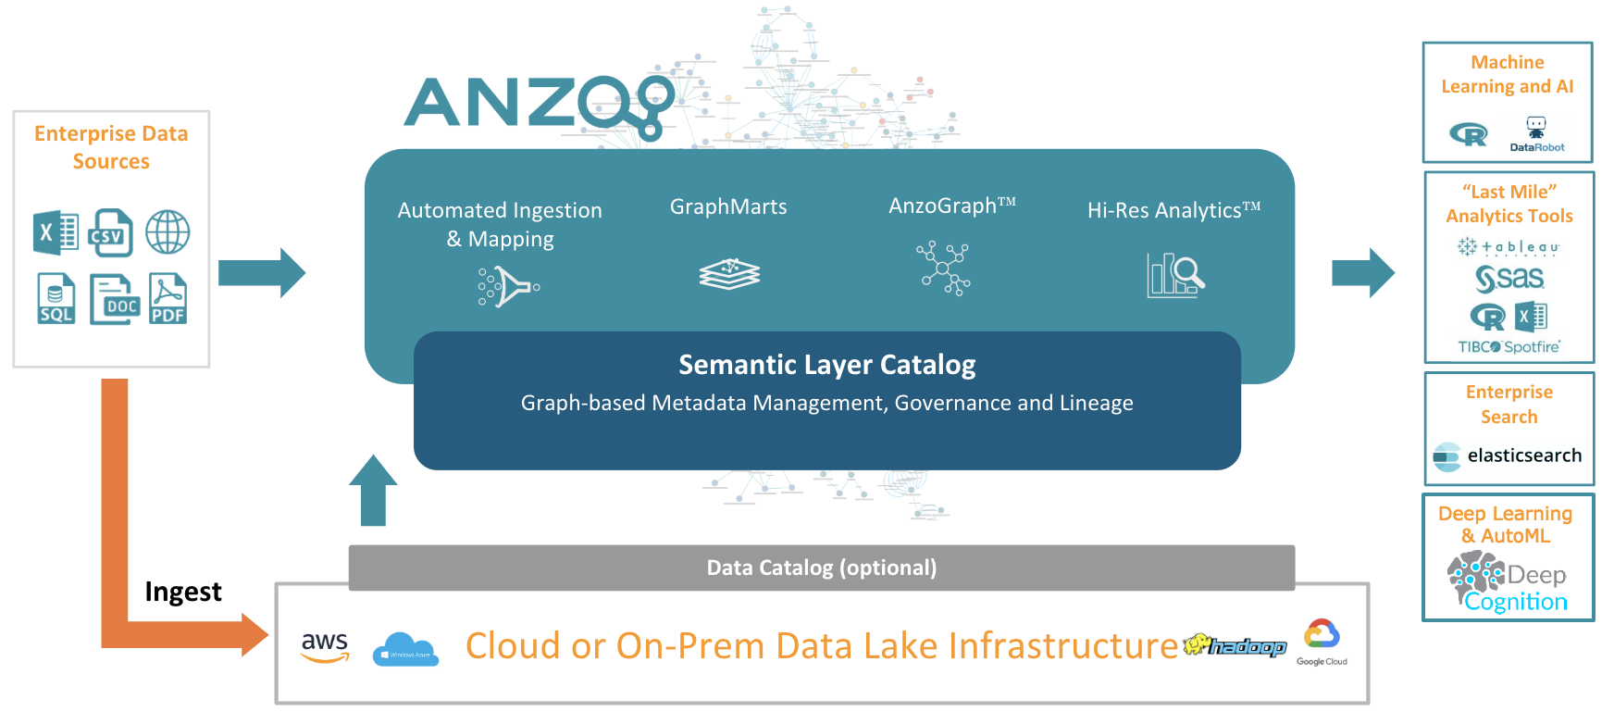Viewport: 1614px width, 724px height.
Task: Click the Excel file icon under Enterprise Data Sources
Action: tap(56, 232)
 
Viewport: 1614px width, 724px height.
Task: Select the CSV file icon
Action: tap(111, 232)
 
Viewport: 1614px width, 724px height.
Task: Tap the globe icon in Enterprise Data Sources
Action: tap(168, 231)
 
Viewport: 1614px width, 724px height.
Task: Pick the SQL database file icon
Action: tap(56, 298)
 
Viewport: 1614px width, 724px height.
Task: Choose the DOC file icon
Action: tap(114, 299)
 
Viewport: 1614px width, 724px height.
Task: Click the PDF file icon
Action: tap(168, 298)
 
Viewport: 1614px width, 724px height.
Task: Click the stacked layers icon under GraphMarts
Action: tap(729, 274)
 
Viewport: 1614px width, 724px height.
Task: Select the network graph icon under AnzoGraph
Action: tap(943, 268)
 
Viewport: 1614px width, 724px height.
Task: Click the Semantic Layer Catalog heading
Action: tap(826, 365)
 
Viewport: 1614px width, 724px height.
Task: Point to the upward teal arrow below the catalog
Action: tap(373, 491)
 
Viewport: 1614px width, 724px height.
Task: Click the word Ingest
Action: tap(183, 592)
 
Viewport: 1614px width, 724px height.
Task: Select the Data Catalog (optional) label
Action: tap(821, 568)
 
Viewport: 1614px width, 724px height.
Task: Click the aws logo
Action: tap(325, 646)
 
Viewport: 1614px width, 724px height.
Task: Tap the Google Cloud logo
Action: tap(1322, 642)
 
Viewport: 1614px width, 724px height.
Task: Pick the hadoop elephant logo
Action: tap(1235, 645)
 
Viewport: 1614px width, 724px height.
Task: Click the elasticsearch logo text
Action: tap(1523, 456)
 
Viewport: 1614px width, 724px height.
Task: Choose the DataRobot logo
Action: tap(1536, 135)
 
